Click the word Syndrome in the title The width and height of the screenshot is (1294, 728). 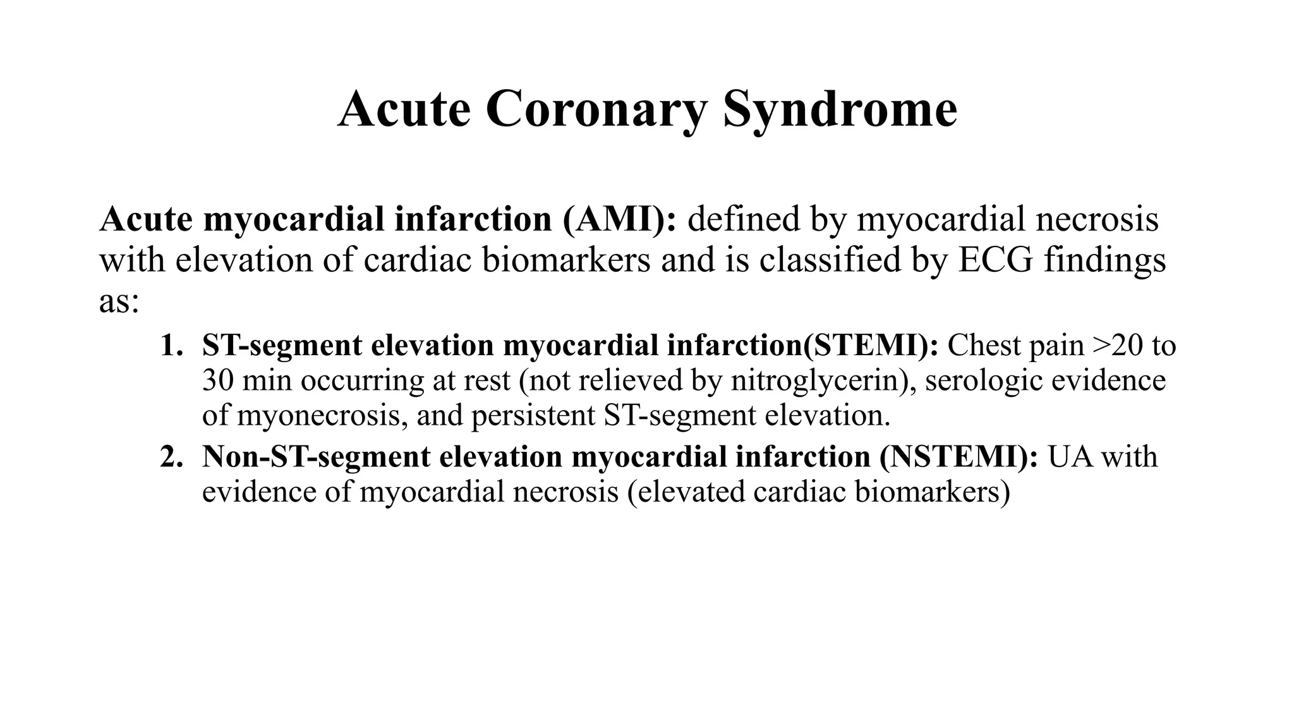[x=840, y=110]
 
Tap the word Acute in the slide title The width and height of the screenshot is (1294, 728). [x=404, y=109]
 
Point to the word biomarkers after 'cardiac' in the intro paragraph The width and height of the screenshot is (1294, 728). [x=566, y=260]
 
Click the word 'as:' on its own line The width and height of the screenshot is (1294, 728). [x=119, y=301]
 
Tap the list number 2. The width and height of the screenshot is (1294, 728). [x=171, y=457]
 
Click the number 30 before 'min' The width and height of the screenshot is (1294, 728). [x=216, y=381]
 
